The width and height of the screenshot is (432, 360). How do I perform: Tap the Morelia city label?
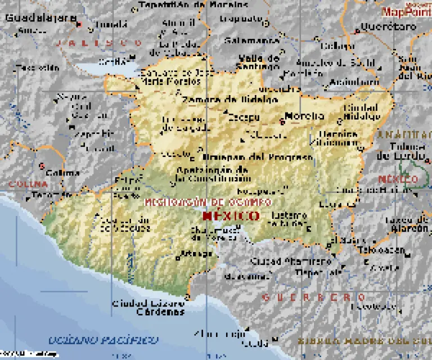(304, 116)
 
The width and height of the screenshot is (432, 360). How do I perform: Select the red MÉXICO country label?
(231, 215)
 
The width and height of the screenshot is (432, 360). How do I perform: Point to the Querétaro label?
(380, 26)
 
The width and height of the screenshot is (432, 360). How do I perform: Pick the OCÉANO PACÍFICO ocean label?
(103, 340)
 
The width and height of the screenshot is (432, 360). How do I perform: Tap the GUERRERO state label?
(314, 296)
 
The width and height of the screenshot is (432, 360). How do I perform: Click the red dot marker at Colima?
(42, 166)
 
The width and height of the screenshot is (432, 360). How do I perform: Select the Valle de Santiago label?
(259, 62)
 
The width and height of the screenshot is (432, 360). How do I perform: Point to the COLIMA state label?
(27, 184)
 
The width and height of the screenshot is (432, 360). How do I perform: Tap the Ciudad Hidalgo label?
(361, 111)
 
